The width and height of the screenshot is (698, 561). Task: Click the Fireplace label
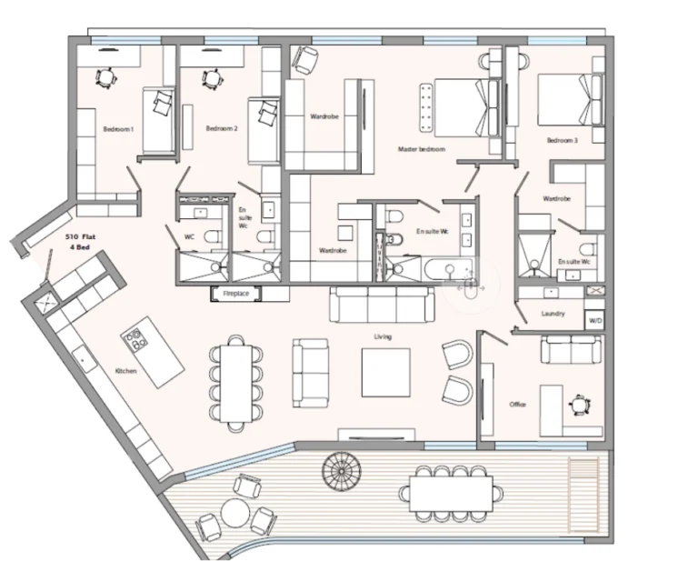[x=236, y=294]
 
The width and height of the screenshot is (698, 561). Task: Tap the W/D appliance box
[x=595, y=321]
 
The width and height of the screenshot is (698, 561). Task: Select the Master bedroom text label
[x=421, y=149]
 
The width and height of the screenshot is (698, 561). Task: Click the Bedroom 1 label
[x=118, y=129]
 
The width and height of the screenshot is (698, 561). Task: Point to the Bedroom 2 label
[x=222, y=129]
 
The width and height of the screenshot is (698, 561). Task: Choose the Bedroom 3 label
[x=562, y=141]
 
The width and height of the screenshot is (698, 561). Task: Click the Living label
[x=382, y=336]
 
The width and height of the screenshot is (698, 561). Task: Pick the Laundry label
[x=552, y=314]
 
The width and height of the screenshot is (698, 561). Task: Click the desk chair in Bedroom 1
[x=105, y=77]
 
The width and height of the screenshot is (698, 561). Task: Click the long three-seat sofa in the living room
[x=380, y=306]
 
